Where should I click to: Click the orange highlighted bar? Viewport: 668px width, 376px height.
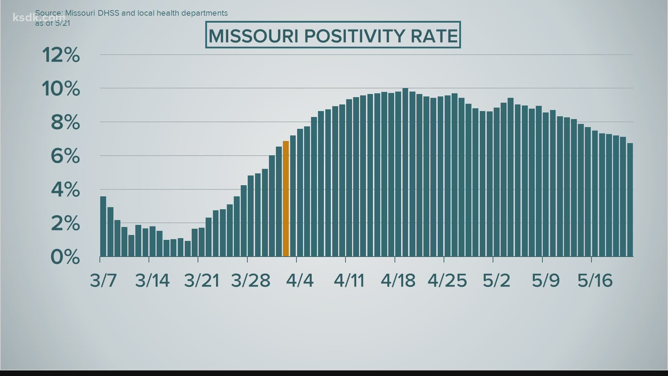click(286, 199)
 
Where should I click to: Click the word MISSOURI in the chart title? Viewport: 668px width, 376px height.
click(253, 36)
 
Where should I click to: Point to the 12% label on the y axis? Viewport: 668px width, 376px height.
click(61, 55)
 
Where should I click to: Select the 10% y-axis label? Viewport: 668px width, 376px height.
click(61, 89)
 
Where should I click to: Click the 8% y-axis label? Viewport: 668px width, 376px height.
click(65, 123)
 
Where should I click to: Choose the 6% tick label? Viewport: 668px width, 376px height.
click(65, 156)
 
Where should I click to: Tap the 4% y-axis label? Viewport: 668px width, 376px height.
click(65, 190)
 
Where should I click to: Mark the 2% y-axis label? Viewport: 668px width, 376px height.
click(65, 224)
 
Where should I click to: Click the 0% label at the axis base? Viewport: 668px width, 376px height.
click(65, 257)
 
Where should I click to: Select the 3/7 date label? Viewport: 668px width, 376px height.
click(103, 280)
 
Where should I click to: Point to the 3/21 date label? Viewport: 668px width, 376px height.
click(202, 280)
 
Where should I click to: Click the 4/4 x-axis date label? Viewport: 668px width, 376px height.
click(300, 280)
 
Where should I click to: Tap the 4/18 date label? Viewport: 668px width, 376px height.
click(398, 280)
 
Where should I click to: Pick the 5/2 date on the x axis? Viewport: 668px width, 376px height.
click(496, 280)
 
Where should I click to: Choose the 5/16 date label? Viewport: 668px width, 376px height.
click(595, 280)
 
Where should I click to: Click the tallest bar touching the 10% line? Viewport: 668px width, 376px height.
click(405, 172)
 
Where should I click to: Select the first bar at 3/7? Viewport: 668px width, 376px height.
click(103, 226)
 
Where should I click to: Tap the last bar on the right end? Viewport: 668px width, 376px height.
click(630, 200)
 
